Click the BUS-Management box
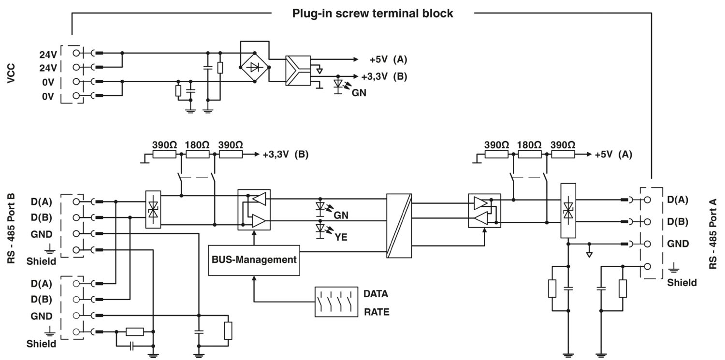point(254,260)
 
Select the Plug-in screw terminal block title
point(372,13)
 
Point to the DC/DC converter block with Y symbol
point(298,71)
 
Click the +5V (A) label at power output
point(388,59)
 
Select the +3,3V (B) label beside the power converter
point(384,76)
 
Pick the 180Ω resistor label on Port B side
point(197,145)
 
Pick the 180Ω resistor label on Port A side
point(529,145)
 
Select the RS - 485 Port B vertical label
point(12,228)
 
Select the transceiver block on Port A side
point(484,211)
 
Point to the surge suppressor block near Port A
point(568,210)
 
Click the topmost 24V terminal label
point(48,54)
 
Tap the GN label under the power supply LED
point(359,93)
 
